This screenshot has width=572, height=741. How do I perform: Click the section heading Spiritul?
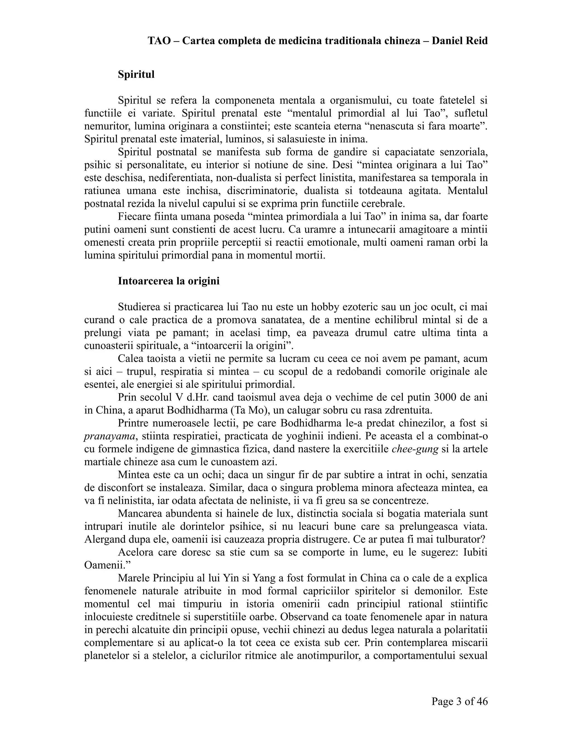tap(136, 74)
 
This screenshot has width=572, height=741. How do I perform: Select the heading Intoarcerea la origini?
tap(168, 281)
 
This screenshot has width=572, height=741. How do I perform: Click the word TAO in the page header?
tap(159, 41)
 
